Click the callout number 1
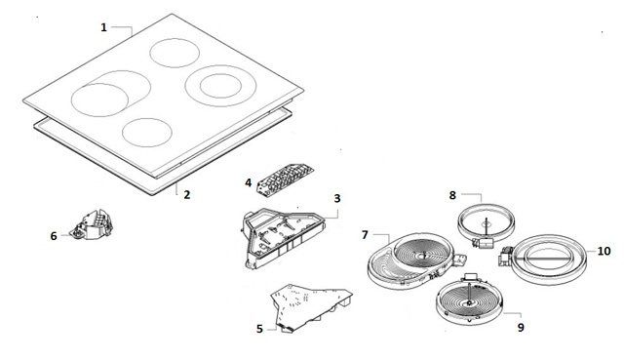[x=104, y=27]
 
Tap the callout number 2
[x=186, y=195]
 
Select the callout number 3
[x=337, y=198]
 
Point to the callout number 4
[x=249, y=182]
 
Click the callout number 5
[x=259, y=329]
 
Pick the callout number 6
[x=54, y=236]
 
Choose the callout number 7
[x=365, y=235]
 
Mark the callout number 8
[x=452, y=195]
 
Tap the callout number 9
[x=521, y=328]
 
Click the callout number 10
[x=604, y=251]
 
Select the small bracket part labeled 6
[x=91, y=225]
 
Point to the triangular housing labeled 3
[x=284, y=238]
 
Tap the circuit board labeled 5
[x=310, y=306]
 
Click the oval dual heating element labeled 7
[x=416, y=260]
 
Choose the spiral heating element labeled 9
[x=470, y=300]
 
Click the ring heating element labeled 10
[x=547, y=260]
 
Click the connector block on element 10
[x=505, y=257]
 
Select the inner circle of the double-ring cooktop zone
[x=220, y=74]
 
